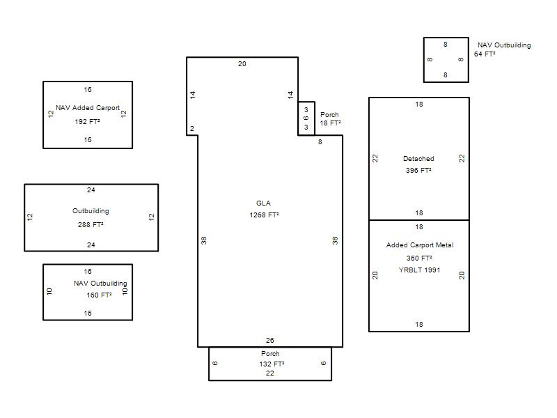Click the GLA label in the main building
pos(263,203)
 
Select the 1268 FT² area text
pos(264,215)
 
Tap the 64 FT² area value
pos(485,54)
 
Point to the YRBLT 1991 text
pos(419,270)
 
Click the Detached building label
pos(418,159)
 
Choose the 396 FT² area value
pos(418,170)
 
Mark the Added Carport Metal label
pos(420,245)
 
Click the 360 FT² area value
pos(419,258)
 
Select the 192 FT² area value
pos(87,121)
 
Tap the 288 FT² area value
pos(91,224)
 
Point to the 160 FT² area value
pos(99,295)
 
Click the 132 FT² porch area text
pos(272,364)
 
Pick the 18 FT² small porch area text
pos(330,123)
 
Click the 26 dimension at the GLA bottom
pos(270,340)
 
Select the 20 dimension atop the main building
pos(242,63)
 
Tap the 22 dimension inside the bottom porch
pos(270,373)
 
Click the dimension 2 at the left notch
pos(192,129)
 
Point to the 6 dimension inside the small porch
pos(306,118)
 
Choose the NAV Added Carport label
pos(88,108)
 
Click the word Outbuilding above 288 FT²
pos(91,211)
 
